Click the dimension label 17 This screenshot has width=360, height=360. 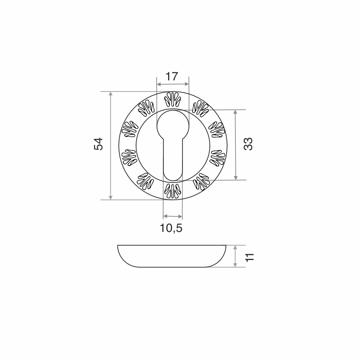coord(172,76)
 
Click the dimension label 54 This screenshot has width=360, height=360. coord(99,144)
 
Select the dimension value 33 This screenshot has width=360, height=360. coord(248,144)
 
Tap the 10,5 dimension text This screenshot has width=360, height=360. coord(171,228)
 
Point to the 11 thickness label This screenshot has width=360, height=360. coord(249,257)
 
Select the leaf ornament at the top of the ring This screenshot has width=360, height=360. coord(173,100)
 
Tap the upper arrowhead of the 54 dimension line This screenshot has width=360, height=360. coord(111,94)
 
